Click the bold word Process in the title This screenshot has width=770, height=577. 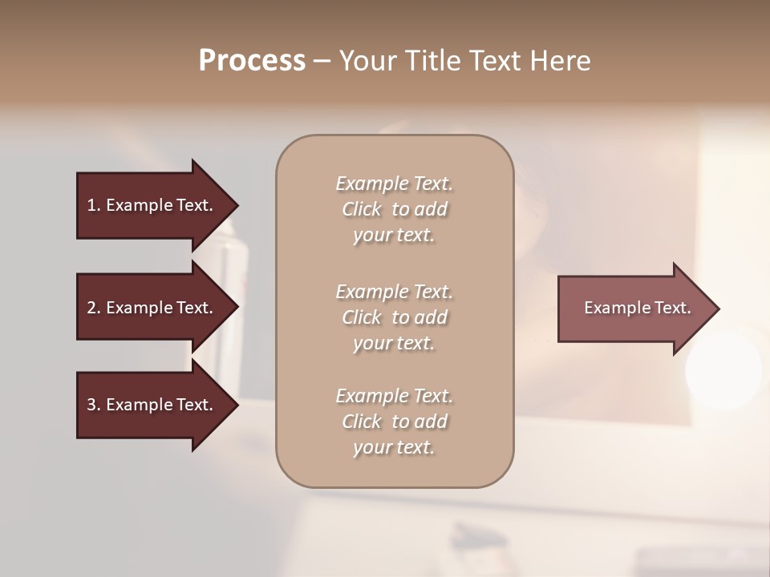click(252, 61)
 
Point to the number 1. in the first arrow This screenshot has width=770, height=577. click(94, 205)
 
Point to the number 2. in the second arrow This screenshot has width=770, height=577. click(94, 308)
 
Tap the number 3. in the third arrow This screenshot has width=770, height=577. click(94, 405)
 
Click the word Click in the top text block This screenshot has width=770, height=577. click(362, 209)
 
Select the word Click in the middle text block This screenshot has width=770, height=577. click(362, 317)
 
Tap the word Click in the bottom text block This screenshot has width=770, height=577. click(362, 422)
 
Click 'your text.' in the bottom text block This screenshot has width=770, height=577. click(394, 447)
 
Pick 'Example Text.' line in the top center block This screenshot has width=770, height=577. click(394, 184)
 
